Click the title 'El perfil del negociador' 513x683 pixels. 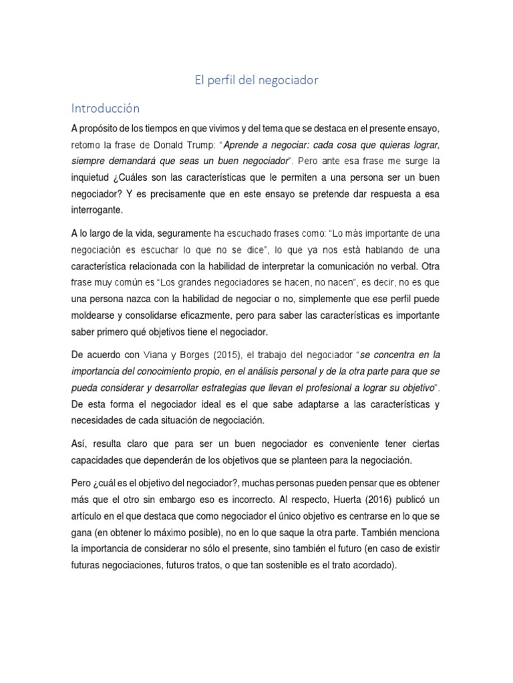[x=256, y=81]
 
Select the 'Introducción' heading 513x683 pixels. [x=105, y=108]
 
